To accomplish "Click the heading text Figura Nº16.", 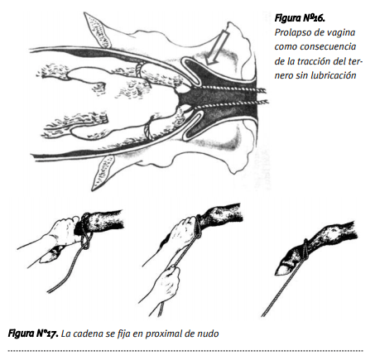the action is [300, 18].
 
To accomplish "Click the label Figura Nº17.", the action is [33, 334].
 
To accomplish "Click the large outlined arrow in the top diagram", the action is [217, 48].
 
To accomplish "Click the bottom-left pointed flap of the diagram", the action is [103, 173].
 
